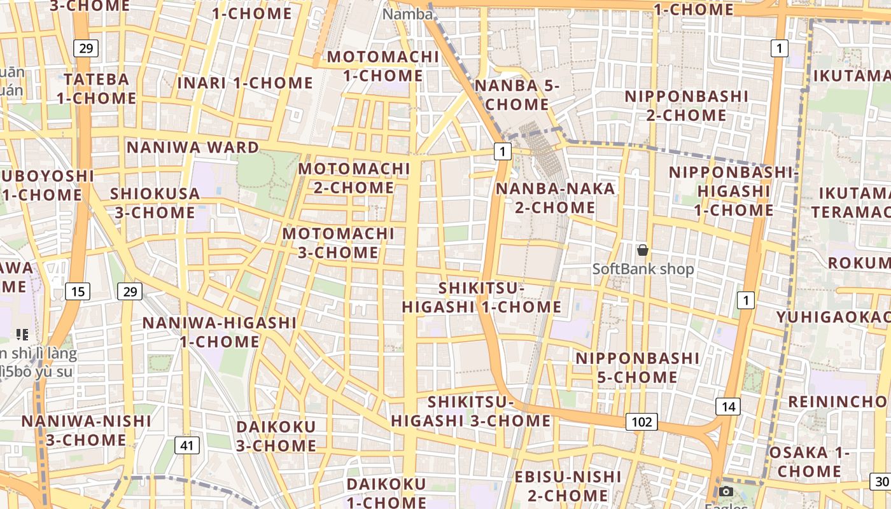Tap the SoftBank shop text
pyautogui.click(x=643, y=269)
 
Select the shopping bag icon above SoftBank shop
pyautogui.click(x=643, y=250)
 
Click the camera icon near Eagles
pyautogui.click(x=726, y=491)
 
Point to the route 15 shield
pyautogui.click(x=78, y=292)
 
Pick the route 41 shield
pyautogui.click(x=186, y=445)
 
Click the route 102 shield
pyautogui.click(x=642, y=421)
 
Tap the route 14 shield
pyautogui.click(x=728, y=407)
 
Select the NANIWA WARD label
pyautogui.click(x=193, y=148)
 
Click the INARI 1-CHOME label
pyautogui.click(x=245, y=83)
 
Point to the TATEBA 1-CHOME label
pyautogui.click(x=96, y=89)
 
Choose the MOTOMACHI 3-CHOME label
pyautogui.click(x=339, y=243)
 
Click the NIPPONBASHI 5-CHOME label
pyautogui.click(x=638, y=368)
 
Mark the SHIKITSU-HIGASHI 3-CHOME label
pyautogui.click(x=471, y=411)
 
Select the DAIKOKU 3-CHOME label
pyautogui.click(x=276, y=436)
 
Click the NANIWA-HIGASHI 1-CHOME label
pyautogui.click(x=220, y=332)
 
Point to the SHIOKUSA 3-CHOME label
pyautogui.click(x=155, y=203)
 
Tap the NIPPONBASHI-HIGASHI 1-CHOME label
pyautogui.click(x=733, y=191)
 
